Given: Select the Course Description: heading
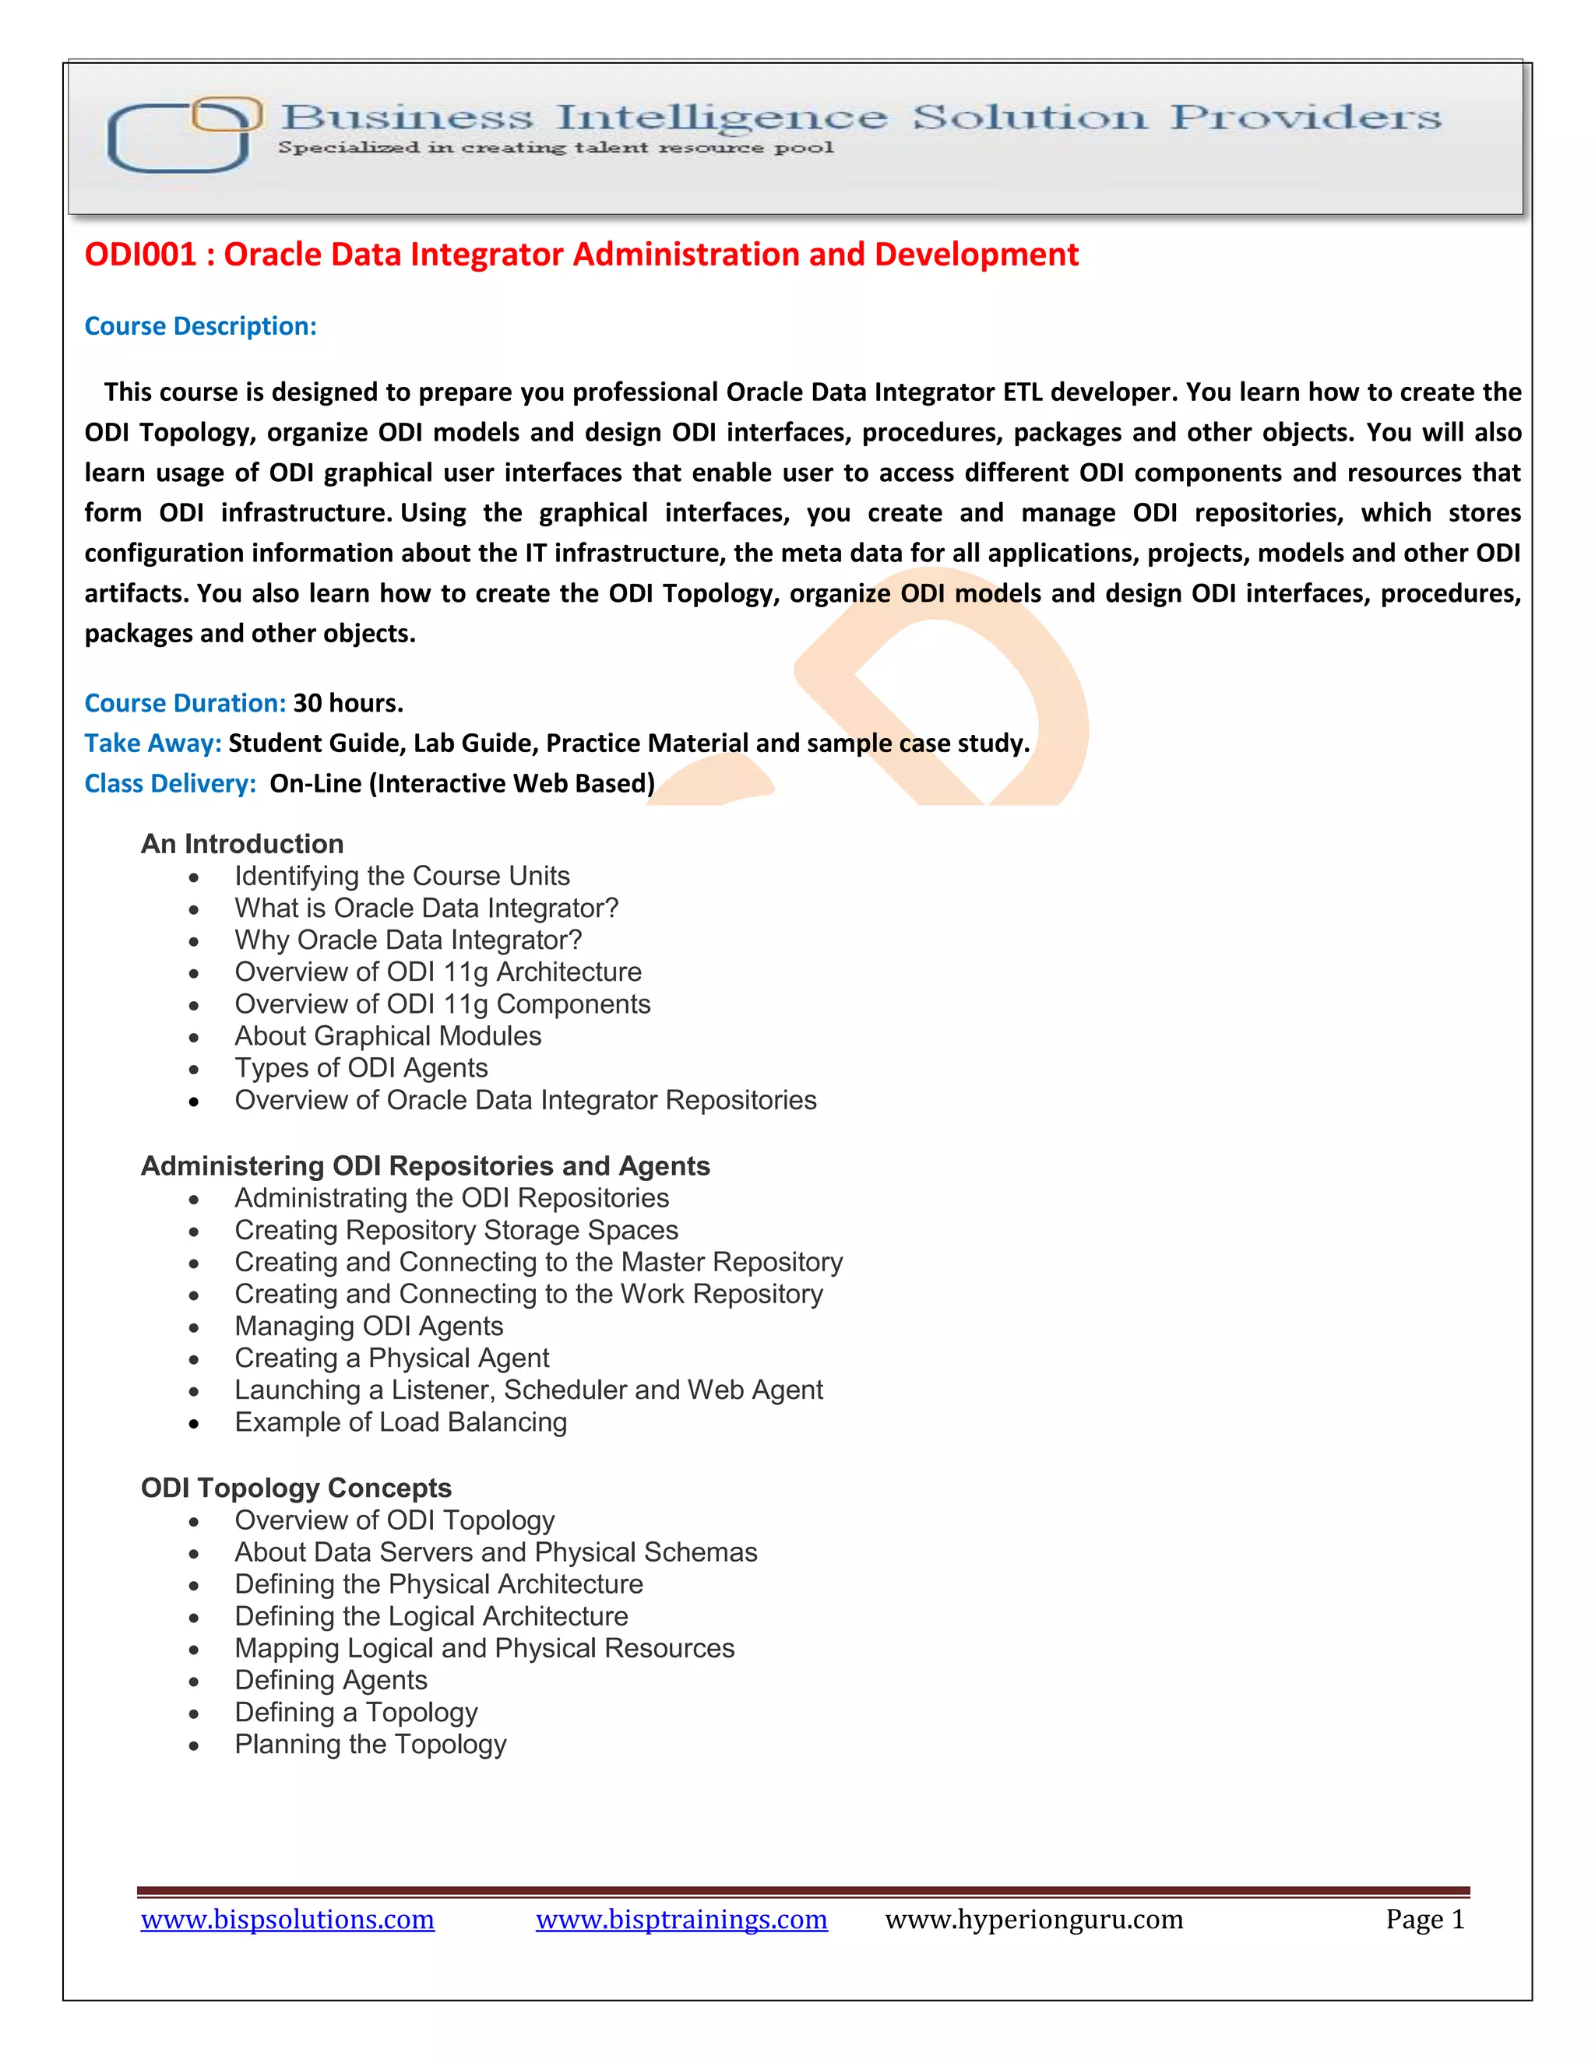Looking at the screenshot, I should (200, 327).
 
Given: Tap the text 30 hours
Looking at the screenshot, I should (347, 704).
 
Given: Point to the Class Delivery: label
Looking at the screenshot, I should (170, 784).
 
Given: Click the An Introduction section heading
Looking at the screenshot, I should (242, 845).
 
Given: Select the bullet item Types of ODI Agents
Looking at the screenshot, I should (361, 1068).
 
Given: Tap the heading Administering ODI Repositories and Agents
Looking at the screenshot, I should (425, 1167).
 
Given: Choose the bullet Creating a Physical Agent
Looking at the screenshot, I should (391, 1358).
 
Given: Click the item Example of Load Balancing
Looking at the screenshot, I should (400, 1422).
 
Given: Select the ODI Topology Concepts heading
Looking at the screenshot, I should (296, 1488).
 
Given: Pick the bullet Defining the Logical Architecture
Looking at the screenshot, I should (431, 1617).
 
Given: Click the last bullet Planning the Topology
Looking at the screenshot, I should (371, 1745).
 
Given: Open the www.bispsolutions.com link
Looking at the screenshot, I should (287, 1921).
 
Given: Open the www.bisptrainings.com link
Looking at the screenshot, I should (681, 1921).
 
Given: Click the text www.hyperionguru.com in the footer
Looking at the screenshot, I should (1033, 1921).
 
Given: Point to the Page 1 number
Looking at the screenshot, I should (1424, 1921).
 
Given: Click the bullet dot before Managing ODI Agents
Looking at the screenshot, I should (194, 1328).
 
